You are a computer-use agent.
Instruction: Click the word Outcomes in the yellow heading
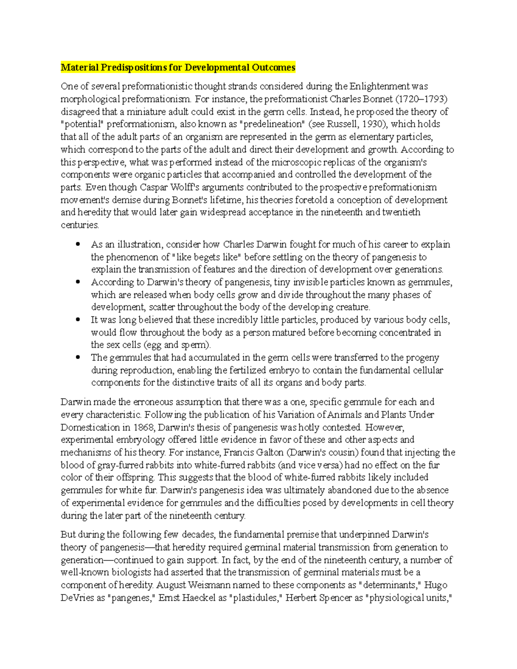point(274,67)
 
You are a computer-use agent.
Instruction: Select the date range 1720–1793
point(422,99)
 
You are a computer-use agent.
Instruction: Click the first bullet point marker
point(78,244)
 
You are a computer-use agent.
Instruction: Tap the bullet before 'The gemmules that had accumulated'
point(78,358)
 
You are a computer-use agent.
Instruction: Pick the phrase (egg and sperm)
point(177,345)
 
